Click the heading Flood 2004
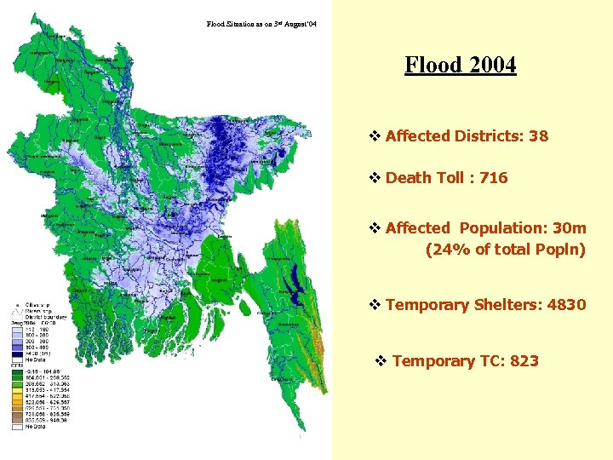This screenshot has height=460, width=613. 460,65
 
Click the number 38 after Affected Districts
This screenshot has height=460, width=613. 537,136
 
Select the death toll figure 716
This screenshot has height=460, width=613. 493,178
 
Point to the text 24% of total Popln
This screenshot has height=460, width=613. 505,249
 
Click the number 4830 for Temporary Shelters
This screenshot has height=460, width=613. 566,305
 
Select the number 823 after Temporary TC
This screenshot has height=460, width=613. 524,361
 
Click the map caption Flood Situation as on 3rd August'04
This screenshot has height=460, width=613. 261,24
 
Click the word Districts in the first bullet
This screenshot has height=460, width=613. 489,136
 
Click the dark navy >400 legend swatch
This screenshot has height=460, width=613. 18,354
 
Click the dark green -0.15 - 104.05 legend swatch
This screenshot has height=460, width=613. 18,371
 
